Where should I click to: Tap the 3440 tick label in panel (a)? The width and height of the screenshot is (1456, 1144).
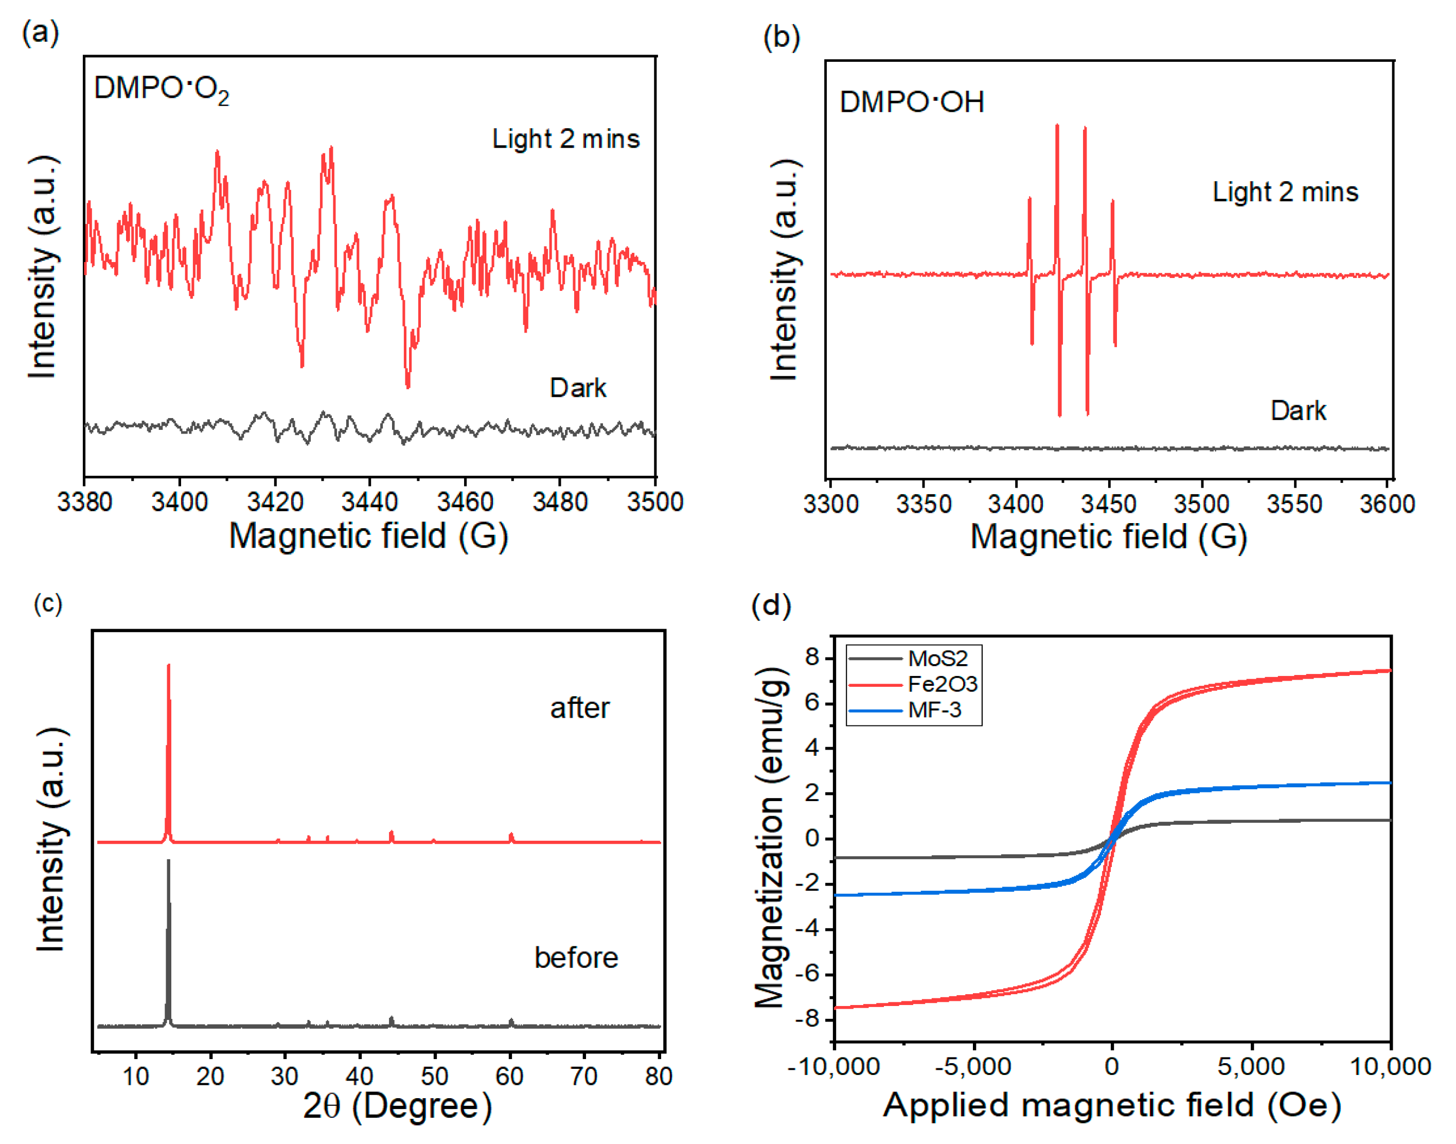pyautogui.click(x=369, y=501)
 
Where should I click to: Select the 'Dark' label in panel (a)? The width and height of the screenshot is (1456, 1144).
pyautogui.click(x=577, y=388)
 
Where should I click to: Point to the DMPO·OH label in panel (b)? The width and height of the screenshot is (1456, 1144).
pyautogui.click(x=911, y=102)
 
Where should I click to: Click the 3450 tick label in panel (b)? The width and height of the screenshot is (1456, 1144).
pyautogui.click(x=1109, y=504)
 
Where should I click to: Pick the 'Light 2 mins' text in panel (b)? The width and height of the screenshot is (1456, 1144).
pyautogui.click(x=1285, y=192)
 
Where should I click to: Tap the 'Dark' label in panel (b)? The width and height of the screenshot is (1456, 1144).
pyautogui.click(x=1298, y=410)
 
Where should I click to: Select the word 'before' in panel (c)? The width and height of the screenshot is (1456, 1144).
pyautogui.click(x=576, y=958)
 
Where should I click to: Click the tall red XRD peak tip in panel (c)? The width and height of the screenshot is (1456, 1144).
pyautogui.click(x=169, y=666)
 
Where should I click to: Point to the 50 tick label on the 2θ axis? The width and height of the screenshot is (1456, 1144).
pyautogui.click(x=434, y=1077)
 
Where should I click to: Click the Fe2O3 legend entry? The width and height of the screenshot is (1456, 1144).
pyautogui.click(x=941, y=684)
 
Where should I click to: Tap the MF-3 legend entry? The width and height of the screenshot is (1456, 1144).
pyautogui.click(x=934, y=709)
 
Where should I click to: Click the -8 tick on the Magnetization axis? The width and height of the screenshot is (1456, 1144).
pyautogui.click(x=811, y=1019)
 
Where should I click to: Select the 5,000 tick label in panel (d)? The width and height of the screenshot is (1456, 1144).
pyautogui.click(x=1251, y=1066)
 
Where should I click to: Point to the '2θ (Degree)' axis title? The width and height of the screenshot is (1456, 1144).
pyautogui.click(x=397, y=1106)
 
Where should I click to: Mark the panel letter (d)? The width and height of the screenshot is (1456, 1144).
pyautogui.click(x=771, y=605)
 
